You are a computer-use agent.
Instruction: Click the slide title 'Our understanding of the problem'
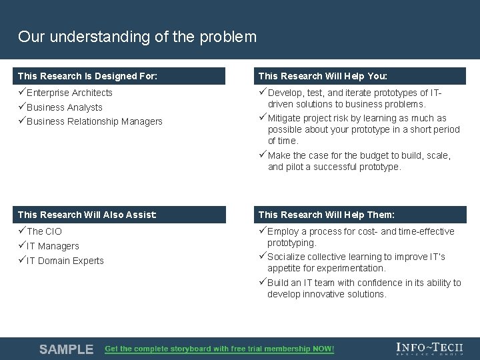point(137,37)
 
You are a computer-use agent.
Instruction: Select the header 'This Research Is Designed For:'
point(87,76)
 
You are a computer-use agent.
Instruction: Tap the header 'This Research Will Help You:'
point(323,76)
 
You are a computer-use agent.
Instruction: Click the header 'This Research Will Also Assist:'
point(87,215)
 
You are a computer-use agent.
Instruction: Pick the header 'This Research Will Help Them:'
point(326,215)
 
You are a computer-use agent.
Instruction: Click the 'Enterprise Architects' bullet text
point(69,93)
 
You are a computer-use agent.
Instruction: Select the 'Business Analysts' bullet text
point(64,107)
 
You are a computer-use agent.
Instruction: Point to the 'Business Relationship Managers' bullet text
point(94,121)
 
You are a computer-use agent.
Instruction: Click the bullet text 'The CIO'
point(44,231)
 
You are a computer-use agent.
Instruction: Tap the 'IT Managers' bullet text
point(53,246)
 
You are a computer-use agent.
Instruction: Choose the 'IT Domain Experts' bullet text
point(65,261)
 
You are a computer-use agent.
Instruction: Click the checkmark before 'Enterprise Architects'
point(22,93)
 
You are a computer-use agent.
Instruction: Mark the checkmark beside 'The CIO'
point(22,231)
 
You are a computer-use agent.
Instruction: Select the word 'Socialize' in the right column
point(287,257)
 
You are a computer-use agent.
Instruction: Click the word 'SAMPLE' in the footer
point(66,349)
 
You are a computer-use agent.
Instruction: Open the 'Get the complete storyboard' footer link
point(219,349)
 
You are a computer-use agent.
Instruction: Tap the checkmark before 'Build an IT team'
point(263,283)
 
